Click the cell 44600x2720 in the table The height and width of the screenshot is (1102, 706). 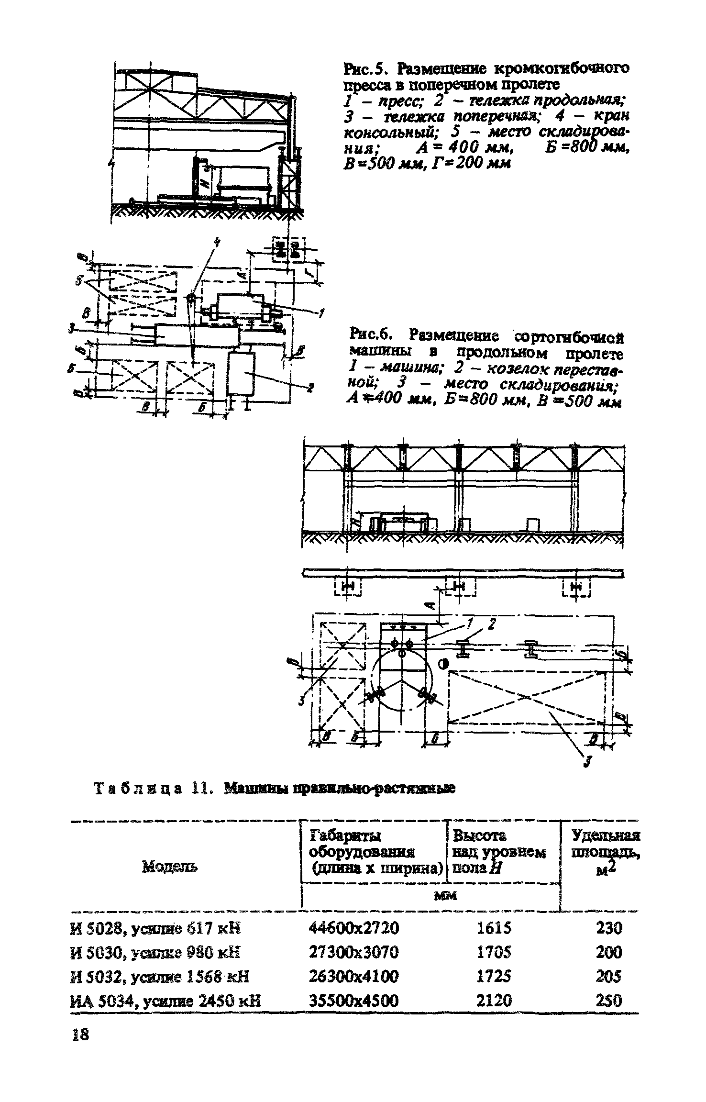coord(354,929)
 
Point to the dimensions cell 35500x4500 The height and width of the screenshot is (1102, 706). coord(354,1000)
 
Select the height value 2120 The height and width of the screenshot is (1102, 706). coord(494,1000)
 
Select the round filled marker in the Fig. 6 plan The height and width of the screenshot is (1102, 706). coord(443,664)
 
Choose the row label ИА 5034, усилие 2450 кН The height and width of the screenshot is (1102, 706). coord(165,1000)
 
